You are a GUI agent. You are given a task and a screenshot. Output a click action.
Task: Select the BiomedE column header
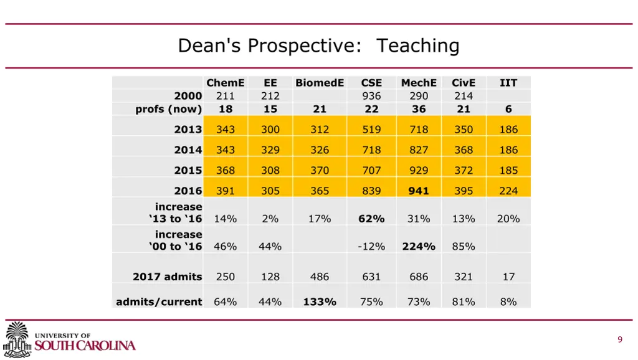[x=320, y=83]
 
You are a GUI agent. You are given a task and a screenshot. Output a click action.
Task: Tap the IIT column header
[x=508, y=83]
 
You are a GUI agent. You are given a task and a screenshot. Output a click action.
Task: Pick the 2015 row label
[x=188, y=171]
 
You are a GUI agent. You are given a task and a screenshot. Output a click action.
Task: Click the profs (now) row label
[x=169, y=109]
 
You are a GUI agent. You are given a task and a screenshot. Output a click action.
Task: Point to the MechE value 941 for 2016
[x=419, y=191]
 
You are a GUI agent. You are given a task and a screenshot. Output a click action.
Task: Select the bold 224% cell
[x=419, y=247]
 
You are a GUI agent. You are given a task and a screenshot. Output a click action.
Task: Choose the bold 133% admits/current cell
[x=320, y=302]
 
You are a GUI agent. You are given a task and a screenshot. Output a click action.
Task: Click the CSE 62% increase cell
[x=371, y=219]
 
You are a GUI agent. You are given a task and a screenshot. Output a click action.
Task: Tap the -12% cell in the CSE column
[x=371, y=247]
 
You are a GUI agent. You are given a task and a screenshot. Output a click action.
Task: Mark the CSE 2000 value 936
[x=371, y=96]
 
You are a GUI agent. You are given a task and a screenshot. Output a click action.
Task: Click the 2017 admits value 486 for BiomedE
[x=320, y=277]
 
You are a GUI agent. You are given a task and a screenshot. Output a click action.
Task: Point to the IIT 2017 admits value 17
[x=508, y=277]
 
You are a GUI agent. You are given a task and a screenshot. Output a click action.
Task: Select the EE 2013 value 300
[x=270, y=130]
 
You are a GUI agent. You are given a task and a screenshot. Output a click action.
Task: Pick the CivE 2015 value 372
[x=464, y=171]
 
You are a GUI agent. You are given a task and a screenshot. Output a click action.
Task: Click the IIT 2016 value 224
[x=508, y=191]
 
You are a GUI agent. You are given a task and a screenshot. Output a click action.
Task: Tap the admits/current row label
[x=159, y=302]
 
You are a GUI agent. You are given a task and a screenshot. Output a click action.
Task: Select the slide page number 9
[x=620, y=339]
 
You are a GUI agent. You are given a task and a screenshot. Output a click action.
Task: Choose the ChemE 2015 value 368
[x=226, y=171]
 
